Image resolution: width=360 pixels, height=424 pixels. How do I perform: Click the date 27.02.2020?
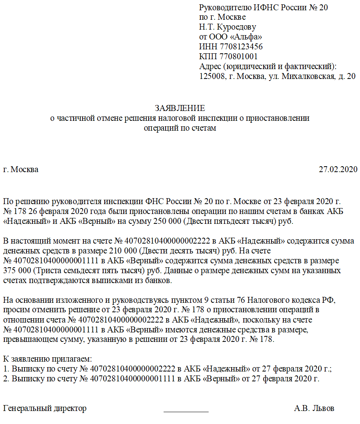[338, 169]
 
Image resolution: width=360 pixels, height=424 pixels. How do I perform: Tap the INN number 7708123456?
[241, 47]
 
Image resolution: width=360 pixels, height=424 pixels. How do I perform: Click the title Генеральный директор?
[45, 408]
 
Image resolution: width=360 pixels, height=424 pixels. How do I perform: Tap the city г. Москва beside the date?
[21, 169]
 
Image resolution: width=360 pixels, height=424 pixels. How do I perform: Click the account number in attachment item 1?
[133, 369]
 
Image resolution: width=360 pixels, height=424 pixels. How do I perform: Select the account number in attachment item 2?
[133, 379]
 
